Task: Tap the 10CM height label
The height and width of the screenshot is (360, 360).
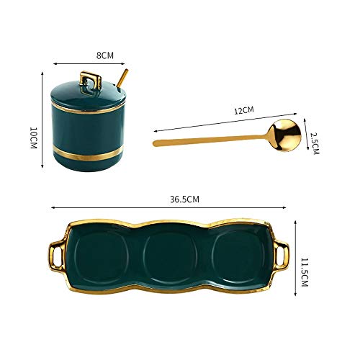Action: coord(32,138)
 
